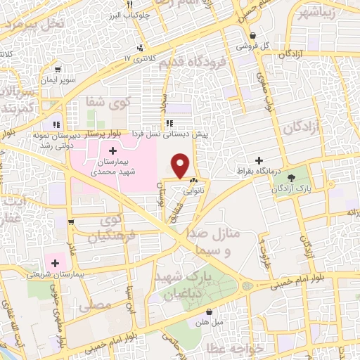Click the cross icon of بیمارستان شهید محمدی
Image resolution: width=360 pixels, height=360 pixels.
[x=113, y=150]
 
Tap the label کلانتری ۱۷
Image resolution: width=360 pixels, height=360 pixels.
[x=139, y=58]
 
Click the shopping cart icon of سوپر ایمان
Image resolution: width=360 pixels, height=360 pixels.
[x=56, y=70]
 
